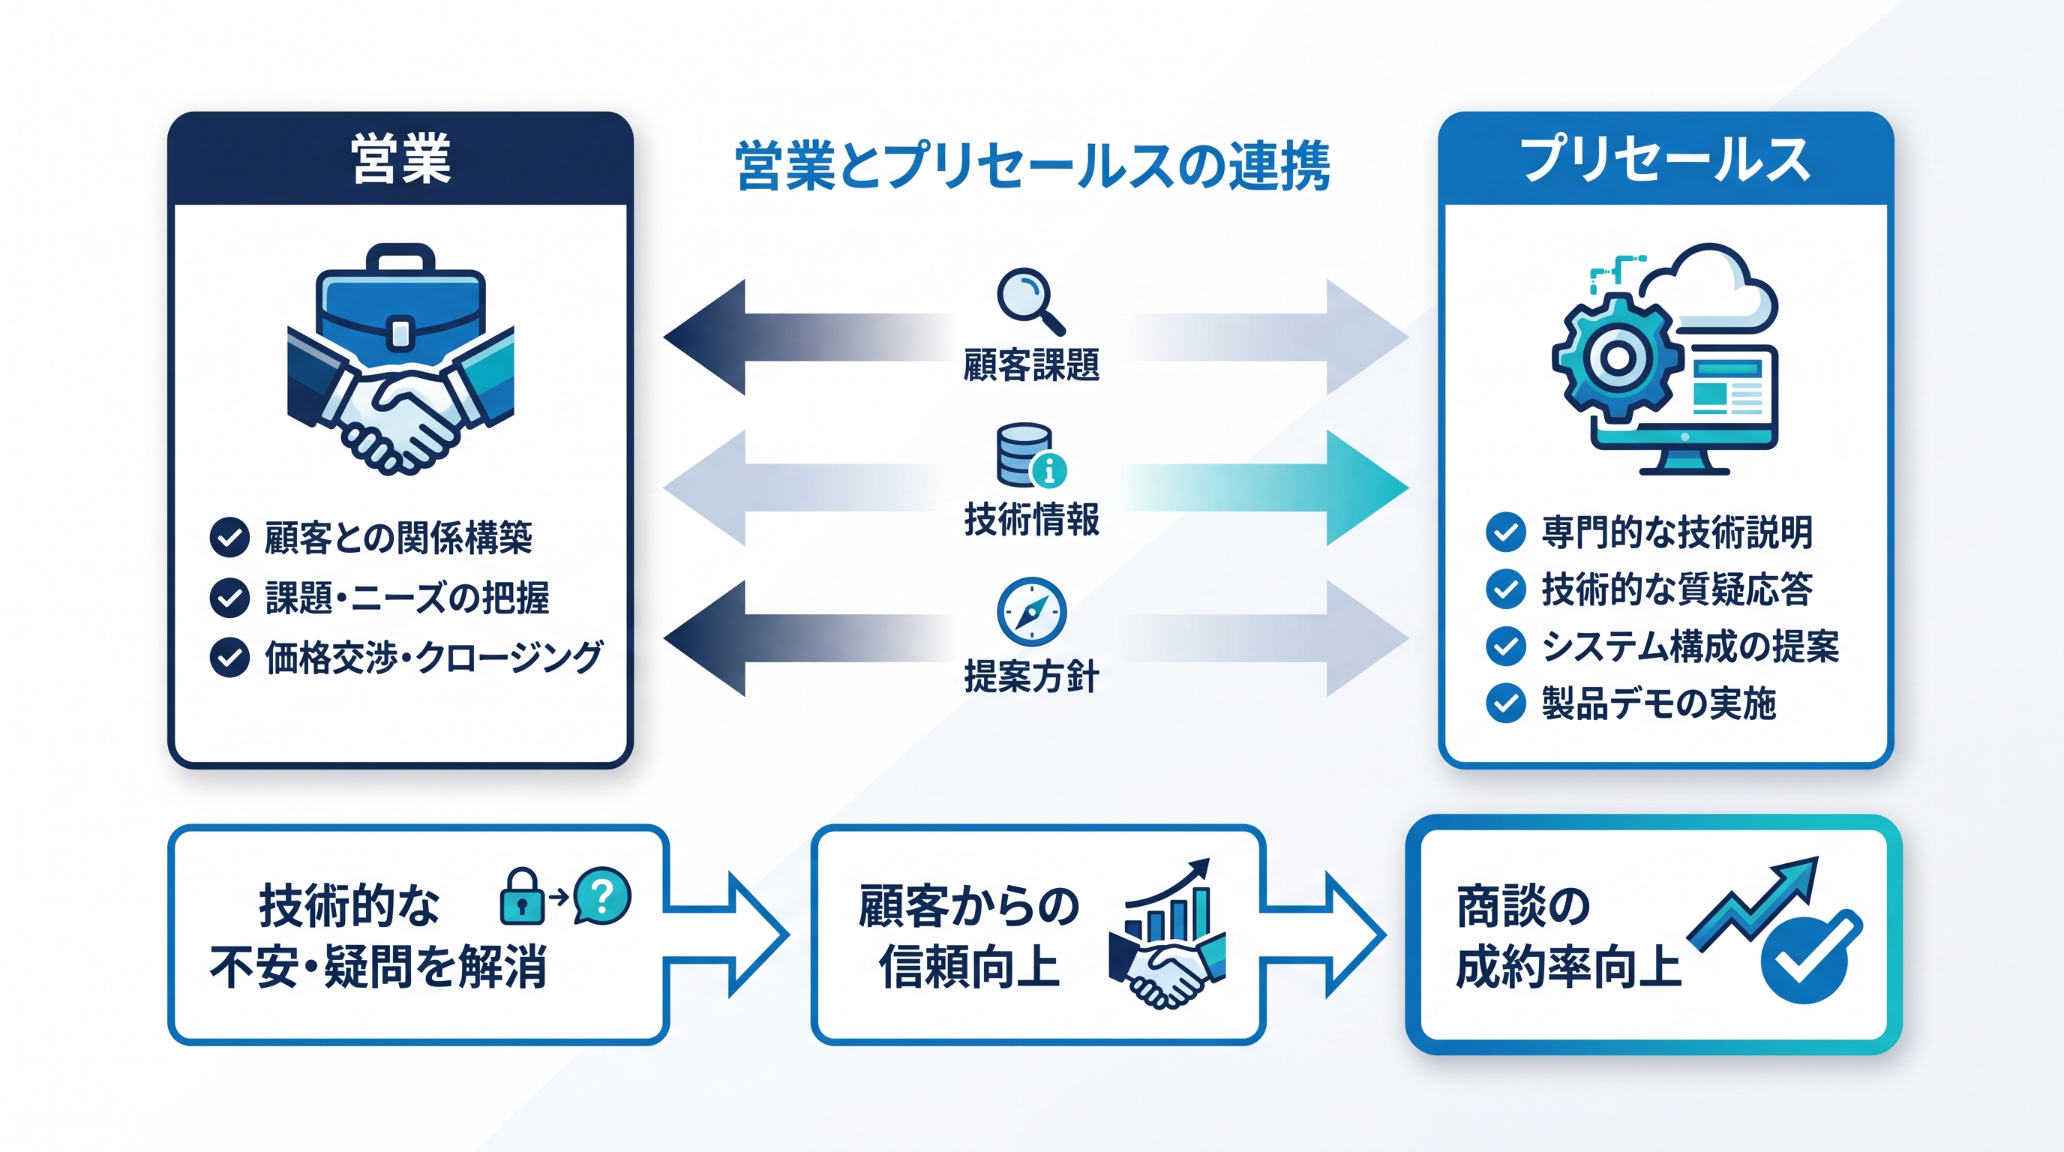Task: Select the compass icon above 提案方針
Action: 1031,611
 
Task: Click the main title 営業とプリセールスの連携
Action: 1033,166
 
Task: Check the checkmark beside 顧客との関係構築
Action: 229,537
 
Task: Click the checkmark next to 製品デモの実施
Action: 1505,703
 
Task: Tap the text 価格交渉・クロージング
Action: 433,658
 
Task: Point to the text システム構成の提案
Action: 1690,646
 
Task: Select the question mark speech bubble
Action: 601,895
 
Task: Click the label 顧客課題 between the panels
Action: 1031,364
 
